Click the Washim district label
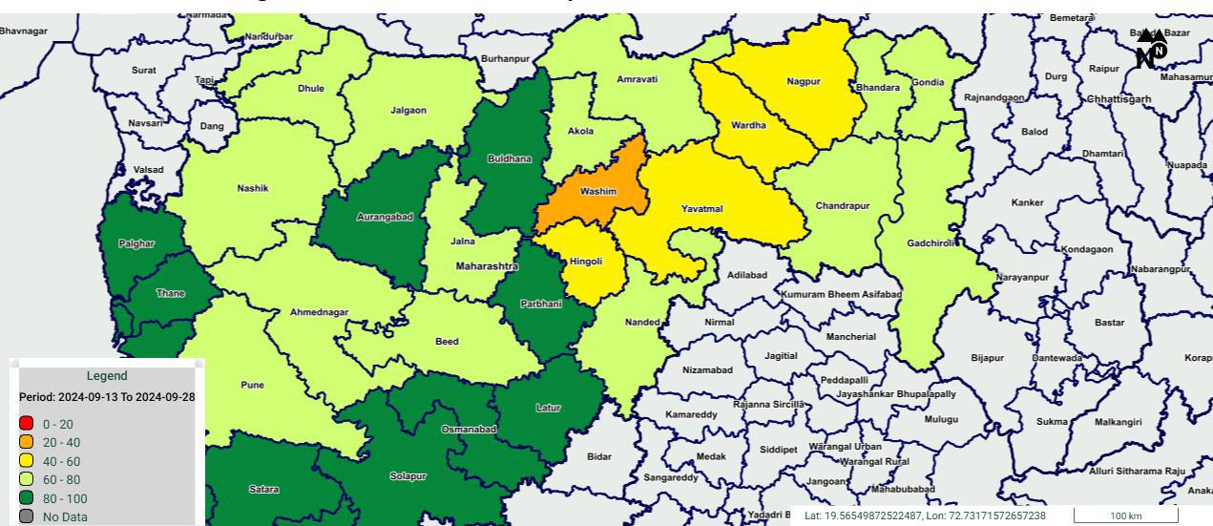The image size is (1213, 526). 598,192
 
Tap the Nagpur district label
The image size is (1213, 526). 804,82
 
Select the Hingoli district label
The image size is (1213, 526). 586,261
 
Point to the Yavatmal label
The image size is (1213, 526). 701,209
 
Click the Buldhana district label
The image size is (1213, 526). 510,159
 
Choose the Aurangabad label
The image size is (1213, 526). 385,218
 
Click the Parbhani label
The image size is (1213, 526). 541,305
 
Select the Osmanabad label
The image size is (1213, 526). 469,430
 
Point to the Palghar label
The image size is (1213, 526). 136,244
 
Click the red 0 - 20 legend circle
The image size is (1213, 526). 27,424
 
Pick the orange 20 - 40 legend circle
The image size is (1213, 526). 27,442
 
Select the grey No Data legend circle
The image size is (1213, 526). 27,516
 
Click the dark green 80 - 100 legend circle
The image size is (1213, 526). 27,498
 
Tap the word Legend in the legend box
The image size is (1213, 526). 107,376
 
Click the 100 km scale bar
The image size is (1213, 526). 1126,515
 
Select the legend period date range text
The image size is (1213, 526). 107,396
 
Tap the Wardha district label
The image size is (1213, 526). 748,125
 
